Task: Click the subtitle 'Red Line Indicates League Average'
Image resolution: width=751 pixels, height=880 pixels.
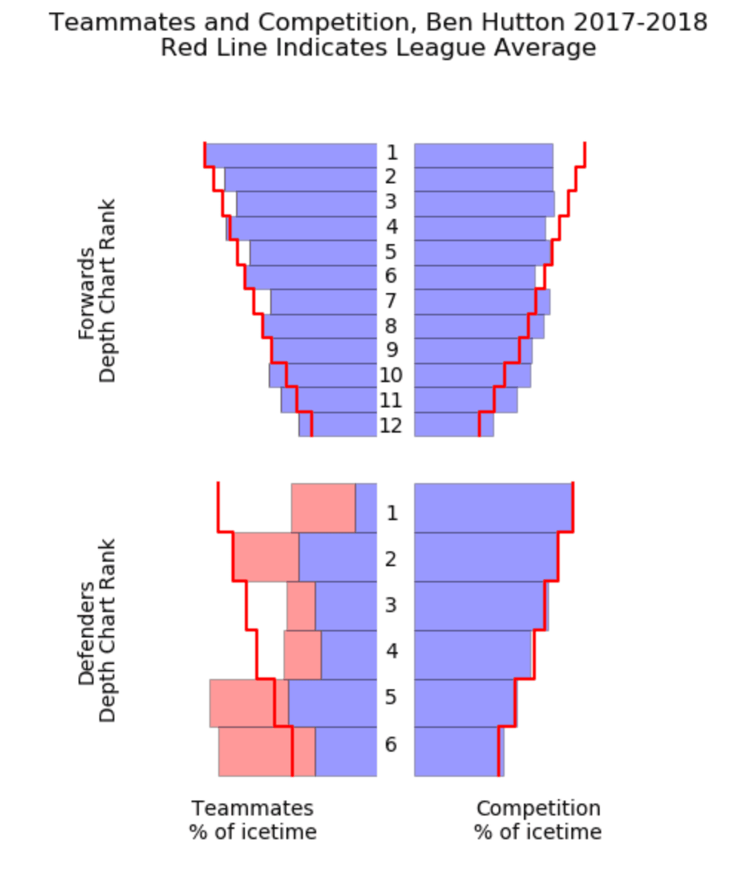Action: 378,48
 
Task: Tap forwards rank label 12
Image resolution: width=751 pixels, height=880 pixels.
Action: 391,426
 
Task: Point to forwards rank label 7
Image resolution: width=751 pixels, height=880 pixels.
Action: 391,301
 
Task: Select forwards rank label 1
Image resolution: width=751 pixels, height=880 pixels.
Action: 392,153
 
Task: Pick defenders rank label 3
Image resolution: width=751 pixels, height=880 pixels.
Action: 391,605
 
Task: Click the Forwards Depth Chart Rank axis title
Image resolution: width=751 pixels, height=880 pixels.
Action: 97,290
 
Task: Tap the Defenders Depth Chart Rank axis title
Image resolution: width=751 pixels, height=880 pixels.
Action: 97,630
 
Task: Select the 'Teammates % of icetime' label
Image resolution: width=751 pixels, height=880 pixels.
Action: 253,820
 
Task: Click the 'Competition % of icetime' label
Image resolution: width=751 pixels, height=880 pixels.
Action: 538,820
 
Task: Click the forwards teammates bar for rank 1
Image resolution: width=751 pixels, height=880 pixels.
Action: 291,155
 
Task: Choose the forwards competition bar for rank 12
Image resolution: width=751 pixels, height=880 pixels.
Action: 453,424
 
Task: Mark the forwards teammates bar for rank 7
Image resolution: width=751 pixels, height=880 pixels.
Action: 324,302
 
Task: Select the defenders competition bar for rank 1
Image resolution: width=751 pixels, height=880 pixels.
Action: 493,507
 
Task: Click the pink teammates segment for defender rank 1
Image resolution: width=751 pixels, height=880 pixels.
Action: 324,508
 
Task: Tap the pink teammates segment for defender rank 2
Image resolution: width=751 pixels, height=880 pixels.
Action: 266,556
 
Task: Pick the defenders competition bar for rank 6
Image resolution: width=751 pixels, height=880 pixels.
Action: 459,752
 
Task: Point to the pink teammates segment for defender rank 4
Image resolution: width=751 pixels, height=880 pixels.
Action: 303,654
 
